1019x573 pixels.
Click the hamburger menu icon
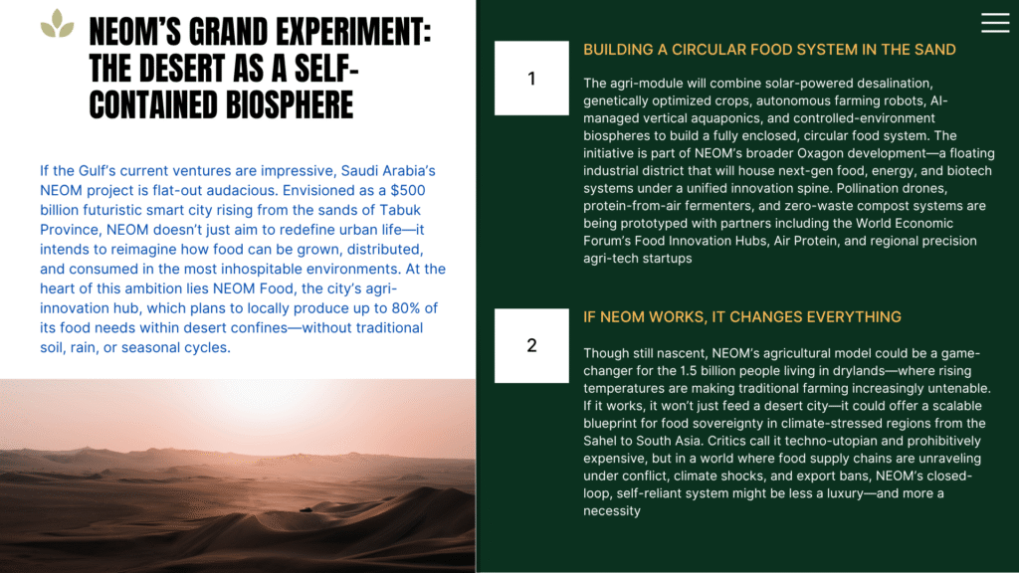(995, 23)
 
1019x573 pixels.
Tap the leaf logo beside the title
(57, 24)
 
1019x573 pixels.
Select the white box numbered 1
(531, 78)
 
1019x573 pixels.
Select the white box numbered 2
(531, 345)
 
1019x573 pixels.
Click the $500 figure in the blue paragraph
(407, 190)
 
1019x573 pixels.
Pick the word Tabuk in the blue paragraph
(400, 210)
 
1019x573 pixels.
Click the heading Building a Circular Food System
(769, 50)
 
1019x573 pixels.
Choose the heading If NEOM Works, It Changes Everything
(742, 317)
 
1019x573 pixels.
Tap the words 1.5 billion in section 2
(714, 371)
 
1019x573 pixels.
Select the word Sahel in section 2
(600, 441)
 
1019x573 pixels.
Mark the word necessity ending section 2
(612, 510)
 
